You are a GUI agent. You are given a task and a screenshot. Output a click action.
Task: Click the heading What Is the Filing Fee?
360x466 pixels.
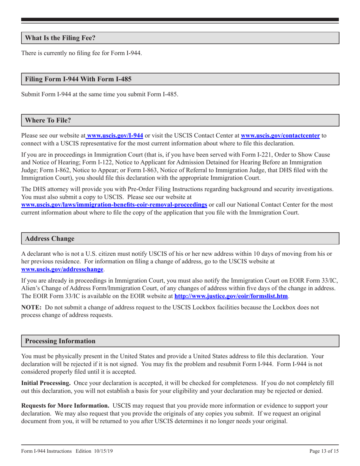[60, 38]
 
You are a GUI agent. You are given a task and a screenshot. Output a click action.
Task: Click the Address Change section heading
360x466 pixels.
[50, 239]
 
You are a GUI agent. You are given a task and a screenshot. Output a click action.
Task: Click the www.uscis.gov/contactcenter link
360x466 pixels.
[280, 135]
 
